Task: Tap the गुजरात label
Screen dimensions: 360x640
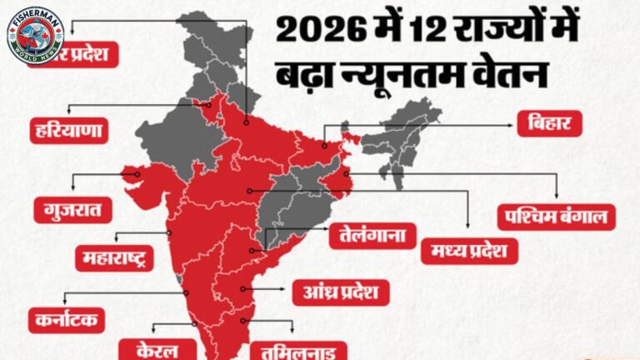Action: click(73, 209)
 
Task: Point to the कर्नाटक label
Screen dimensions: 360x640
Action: click(66, 318)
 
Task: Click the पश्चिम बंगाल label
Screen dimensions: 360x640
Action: click(556, 217)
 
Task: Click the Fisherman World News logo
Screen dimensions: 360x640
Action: click(36, 36)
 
